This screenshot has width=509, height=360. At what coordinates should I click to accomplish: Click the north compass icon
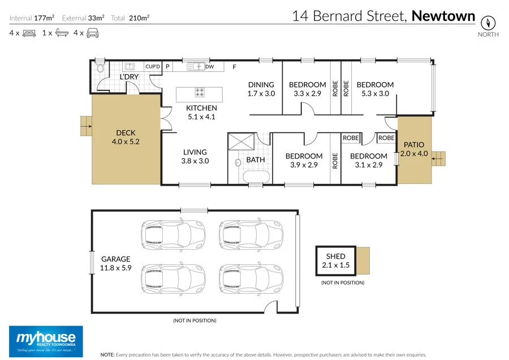(x=488, y=23)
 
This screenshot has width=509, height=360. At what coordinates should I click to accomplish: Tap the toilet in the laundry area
(x=100, y=68)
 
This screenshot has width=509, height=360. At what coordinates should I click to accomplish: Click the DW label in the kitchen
(x=210, y=67)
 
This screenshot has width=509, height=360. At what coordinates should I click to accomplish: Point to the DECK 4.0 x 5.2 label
(x=126, y=138)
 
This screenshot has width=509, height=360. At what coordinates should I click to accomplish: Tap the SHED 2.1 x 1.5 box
(x=335, y=261)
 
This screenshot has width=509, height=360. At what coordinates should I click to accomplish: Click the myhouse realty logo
(x=46, y=340)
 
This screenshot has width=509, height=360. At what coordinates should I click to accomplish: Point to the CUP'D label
(x=153, y=67)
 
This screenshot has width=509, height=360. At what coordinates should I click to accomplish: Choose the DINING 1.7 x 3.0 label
(x=261, y=89)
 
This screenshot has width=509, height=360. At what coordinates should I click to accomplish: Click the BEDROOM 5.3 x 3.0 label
(x=374, y=89)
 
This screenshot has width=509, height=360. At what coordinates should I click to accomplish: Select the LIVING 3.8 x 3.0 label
(x=195, y=156)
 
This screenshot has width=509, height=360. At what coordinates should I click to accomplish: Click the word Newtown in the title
(x=443, y=16)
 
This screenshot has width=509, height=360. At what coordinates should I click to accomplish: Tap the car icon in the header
(x=93, y=33)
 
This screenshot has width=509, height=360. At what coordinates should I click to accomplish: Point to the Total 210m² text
(x=131, y=18)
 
